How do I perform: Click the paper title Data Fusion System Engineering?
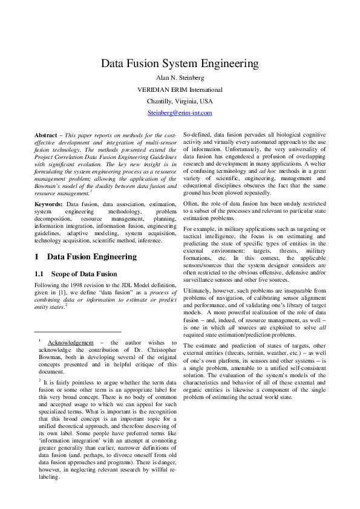click(180, 63)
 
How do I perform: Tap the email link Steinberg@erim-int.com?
click(180, 112)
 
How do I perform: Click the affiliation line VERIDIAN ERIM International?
click(180, 89)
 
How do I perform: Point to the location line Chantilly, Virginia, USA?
click(180, 101)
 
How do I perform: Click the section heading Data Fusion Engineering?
click(91, 257)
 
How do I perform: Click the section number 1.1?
click(41, 274)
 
